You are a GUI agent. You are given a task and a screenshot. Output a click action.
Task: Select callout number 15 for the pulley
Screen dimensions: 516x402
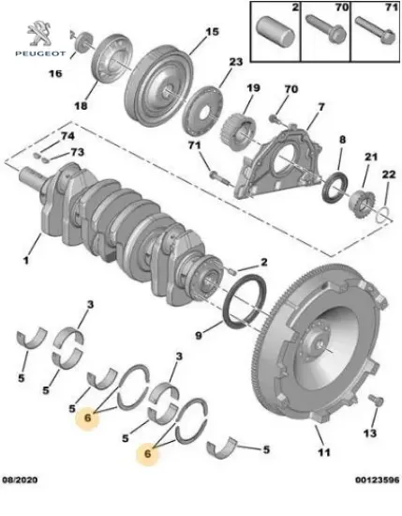coord(212,32)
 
